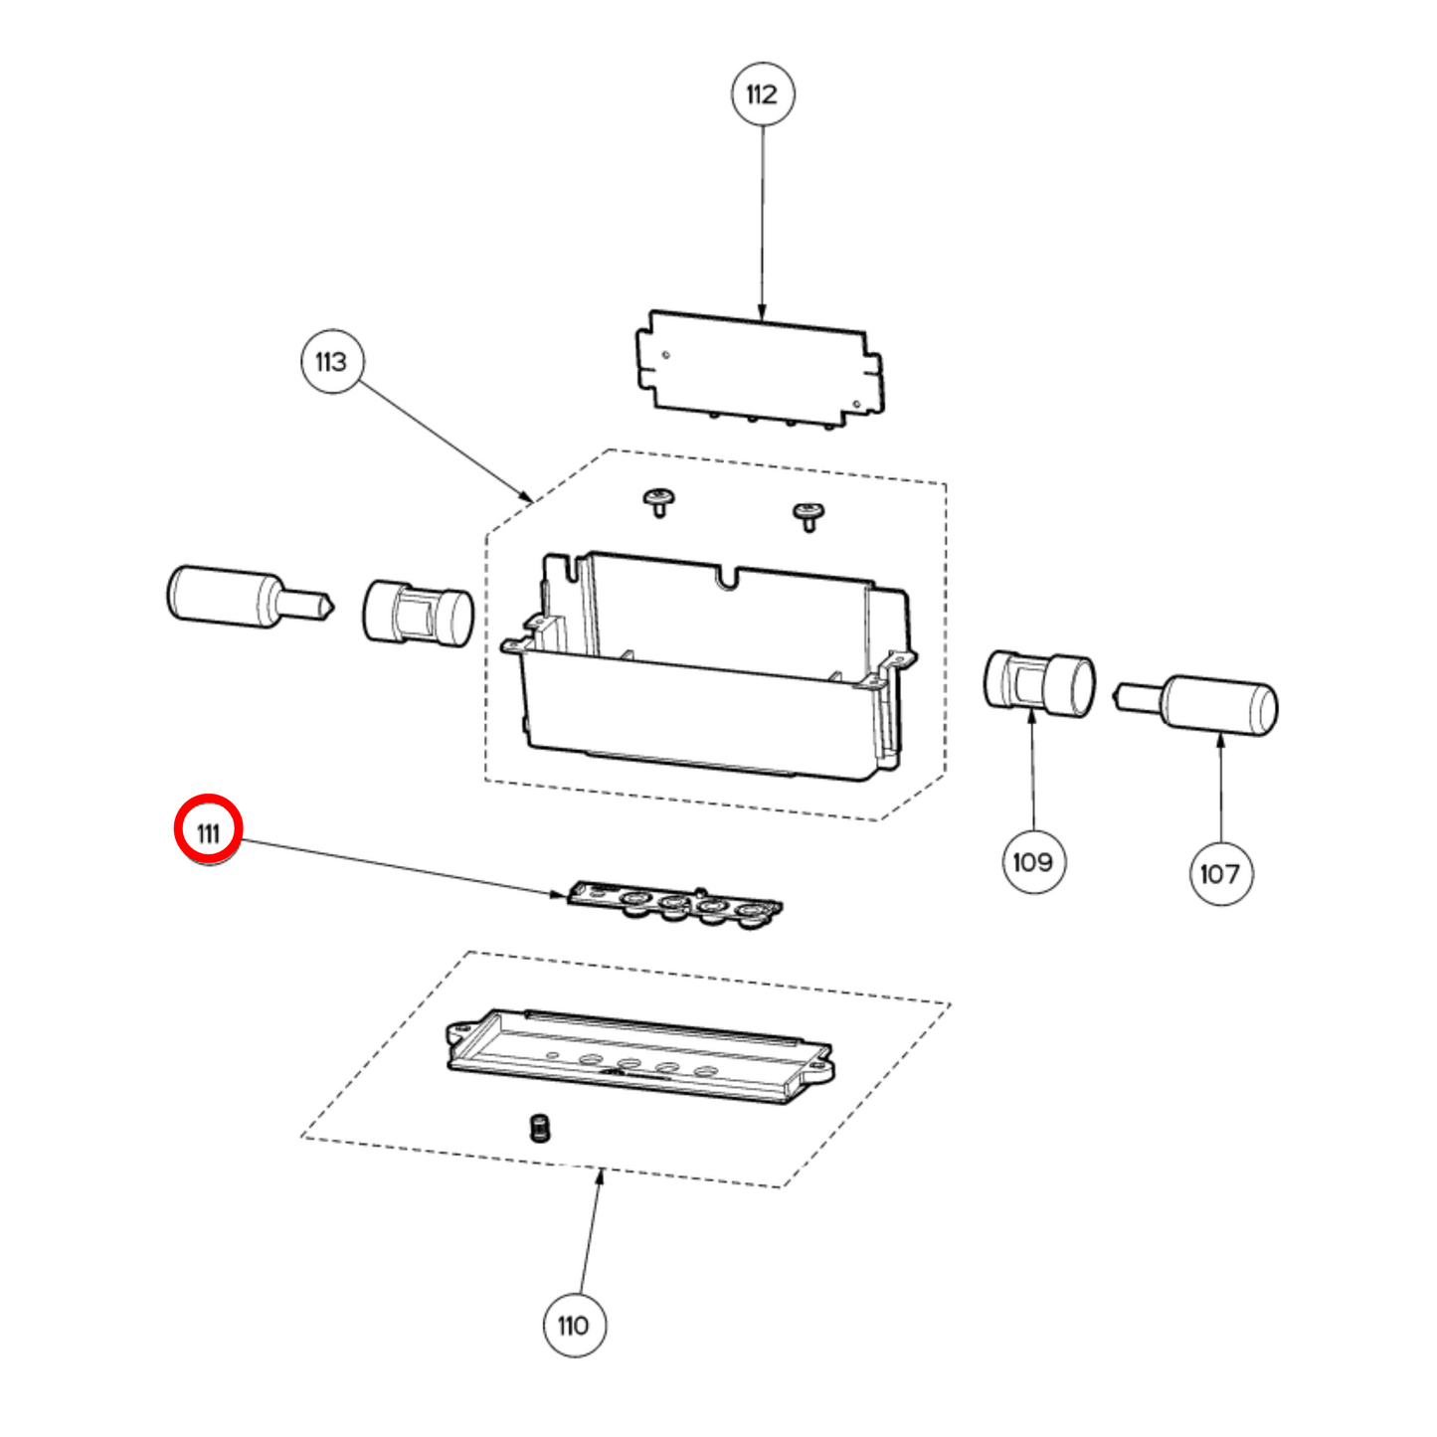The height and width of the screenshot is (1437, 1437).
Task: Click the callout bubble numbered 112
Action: [763, 94]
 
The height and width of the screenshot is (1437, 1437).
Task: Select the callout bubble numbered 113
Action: [331, 361]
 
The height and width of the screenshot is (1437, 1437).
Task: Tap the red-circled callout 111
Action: [208, 831]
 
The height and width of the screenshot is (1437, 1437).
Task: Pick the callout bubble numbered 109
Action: [1033, 861]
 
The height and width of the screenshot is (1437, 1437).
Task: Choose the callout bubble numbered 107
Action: [1220, 873]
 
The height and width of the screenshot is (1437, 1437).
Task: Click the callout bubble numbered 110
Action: [574, 1325]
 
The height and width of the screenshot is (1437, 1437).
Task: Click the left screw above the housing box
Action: [657, 502]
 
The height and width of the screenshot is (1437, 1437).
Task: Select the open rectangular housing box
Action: [711, 666]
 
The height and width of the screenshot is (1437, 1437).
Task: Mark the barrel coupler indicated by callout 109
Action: [1039, 683]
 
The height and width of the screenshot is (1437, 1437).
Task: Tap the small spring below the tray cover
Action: [540, 1128]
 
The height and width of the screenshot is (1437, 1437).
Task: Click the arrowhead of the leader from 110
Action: [600, 1177]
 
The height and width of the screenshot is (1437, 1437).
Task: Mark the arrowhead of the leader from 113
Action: [527, 496]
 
